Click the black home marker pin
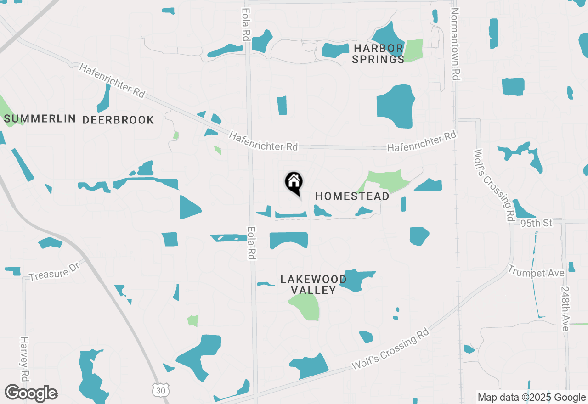coord(294,182)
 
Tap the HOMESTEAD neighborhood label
coord(352,196)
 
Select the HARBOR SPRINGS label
coord(378,54)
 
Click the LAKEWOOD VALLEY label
coord(314,285)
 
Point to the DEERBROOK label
coord(118,120)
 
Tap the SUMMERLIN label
coord(40,119)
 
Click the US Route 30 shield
coord(159,389)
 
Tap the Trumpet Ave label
coord(536,273)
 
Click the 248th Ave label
coord(565,309)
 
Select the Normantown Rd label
coord(455,44)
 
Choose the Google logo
coord(31,393)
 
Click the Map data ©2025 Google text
coord(531,398)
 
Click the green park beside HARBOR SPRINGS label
coord(413,50)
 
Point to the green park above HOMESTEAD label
coord(385,181)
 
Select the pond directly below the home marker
coord(291,214)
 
